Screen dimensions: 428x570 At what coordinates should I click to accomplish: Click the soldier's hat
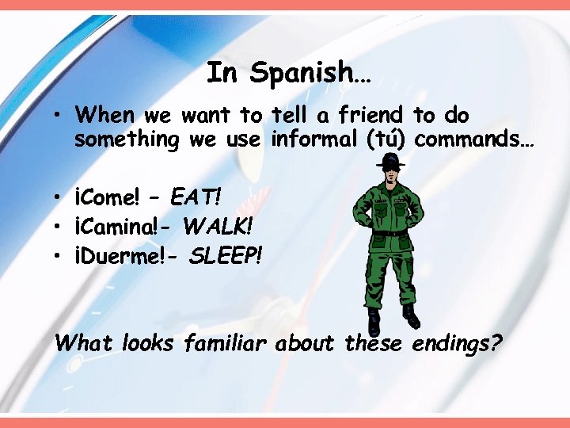point(389,161)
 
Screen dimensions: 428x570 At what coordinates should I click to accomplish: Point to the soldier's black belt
point(389,233)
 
